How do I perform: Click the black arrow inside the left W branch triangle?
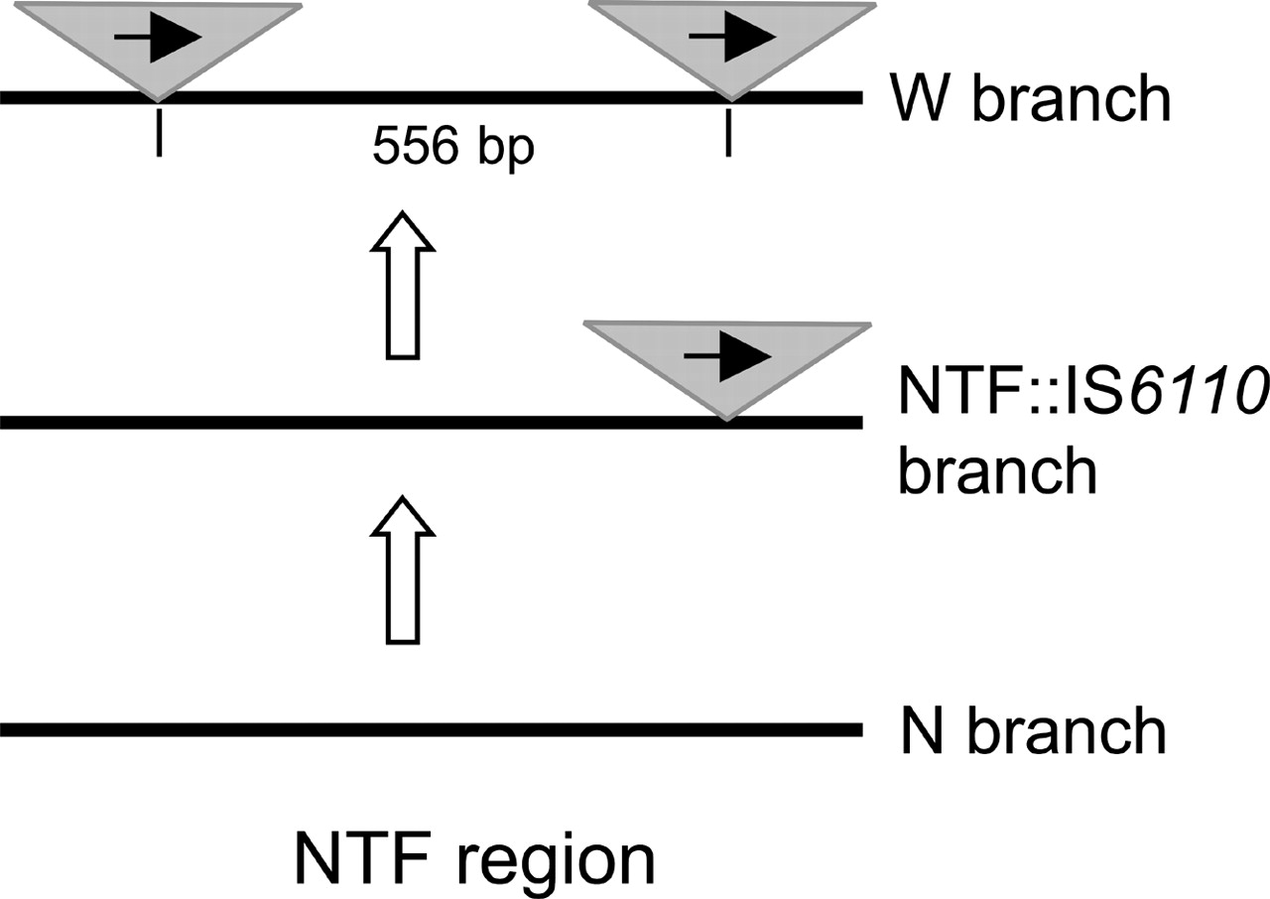pos(159,38)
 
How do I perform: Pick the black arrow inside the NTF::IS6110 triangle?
pos(728,355)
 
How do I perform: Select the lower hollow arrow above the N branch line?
pos(401,570)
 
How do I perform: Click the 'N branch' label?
pos(1032,732)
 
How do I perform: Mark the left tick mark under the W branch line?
pos(159,137)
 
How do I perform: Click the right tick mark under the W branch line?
pos(729,137)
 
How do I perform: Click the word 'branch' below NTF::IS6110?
pos(998,470)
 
